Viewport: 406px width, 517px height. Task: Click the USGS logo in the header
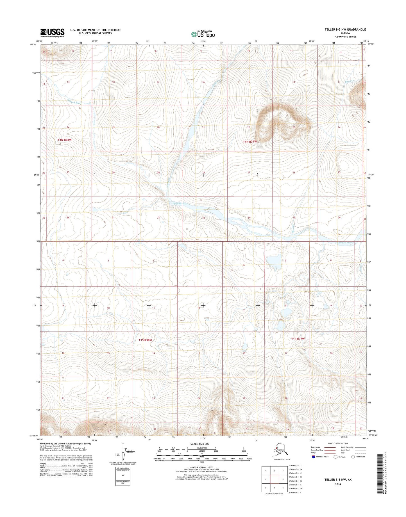(52, 33)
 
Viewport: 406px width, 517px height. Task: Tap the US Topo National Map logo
(203, 34)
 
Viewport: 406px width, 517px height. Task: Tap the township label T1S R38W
(145, 340)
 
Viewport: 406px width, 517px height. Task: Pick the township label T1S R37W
(298, 339)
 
